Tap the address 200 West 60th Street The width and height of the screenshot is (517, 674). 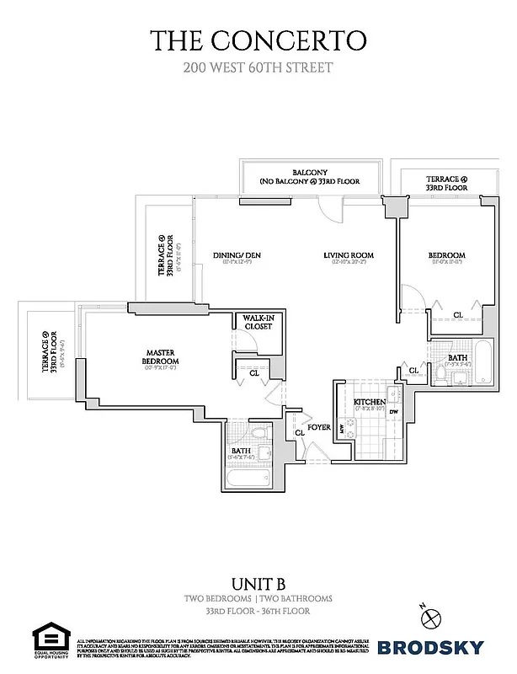pos(258,67)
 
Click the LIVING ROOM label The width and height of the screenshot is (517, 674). pos(349,255)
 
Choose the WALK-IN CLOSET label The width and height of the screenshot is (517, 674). pos(258,322)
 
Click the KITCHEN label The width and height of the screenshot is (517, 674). pos(369,402)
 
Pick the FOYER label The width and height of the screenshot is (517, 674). pos(318,427)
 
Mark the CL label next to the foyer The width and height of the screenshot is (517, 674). pos(299,433)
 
